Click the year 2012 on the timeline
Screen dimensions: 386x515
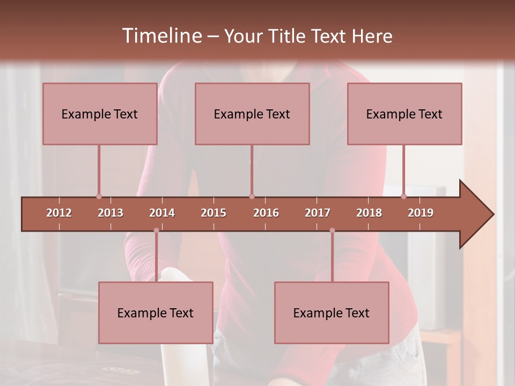[x=59, y=213]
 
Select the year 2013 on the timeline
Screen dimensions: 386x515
[x=111, y=213]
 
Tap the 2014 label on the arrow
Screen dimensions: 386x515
[x=162, y=213]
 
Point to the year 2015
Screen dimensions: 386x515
[x=214, y=213]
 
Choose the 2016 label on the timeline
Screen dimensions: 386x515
[x=266, y=213]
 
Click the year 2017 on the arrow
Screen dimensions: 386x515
[x=318, y=213]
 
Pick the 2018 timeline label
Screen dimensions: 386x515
[x=369, y=213]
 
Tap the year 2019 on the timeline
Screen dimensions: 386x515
[x=421, y=213]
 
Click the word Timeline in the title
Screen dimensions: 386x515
[x=160, y=36]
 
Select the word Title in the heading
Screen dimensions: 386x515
[x=288, y=36]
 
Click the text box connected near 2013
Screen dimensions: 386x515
[x=100, y=114]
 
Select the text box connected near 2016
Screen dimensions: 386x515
[x=252, y=114]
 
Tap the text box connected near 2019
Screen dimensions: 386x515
[x=404, y=114]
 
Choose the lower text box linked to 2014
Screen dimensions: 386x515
[x=156, y=313]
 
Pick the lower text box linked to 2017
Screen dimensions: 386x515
[x=332, y=313]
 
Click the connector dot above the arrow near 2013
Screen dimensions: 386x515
[x=99, y=197]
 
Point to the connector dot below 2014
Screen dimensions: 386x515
[x=156, y=231]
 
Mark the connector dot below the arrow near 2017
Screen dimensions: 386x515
[x=332, y=231]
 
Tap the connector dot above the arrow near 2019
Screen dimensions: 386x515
[x=403, y=197]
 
